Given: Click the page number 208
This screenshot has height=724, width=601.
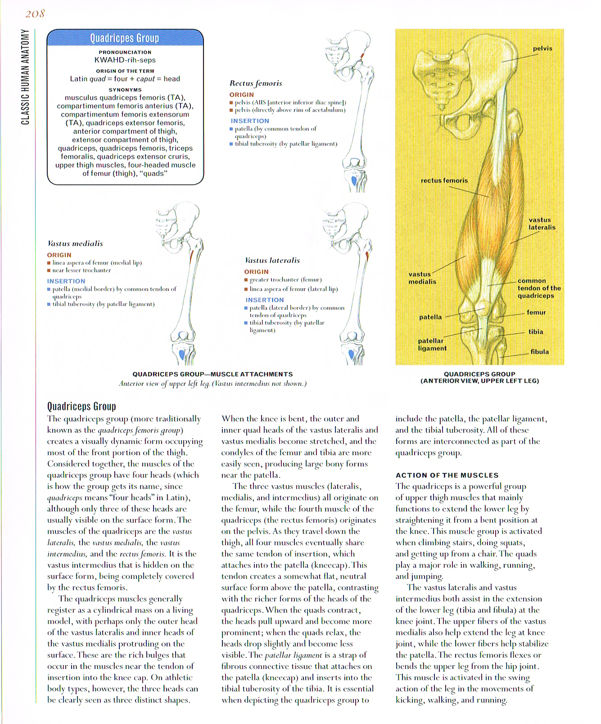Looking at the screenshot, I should [35, 14].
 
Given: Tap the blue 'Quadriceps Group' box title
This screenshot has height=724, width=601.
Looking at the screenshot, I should [125, 38].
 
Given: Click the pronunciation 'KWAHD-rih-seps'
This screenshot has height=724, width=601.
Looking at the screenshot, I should [125, 60].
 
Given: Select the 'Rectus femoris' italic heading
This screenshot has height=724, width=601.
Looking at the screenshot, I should [256, 83].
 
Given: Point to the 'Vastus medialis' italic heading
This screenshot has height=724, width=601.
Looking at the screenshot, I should [75, 244].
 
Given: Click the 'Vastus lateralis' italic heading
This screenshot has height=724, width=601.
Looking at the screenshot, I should [272, 260].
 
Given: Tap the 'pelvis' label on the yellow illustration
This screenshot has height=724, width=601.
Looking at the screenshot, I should [542, 49].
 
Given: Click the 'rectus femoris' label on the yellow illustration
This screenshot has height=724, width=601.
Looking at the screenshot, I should [444, 181].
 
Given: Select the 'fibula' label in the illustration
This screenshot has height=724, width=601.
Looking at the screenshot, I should [539, 352].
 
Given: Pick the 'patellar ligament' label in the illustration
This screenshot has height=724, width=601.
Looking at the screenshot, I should [432, 344].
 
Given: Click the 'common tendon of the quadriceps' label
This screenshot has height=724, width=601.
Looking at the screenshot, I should [538, 288].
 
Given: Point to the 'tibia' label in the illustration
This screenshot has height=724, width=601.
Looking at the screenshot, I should [535, 332].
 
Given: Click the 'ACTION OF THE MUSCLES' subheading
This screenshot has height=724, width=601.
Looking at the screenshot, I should [447, 475].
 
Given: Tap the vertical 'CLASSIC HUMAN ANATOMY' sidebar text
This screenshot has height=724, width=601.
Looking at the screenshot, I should [25, 77].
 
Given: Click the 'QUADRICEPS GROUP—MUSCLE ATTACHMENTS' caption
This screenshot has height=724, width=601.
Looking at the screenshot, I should [212, 374].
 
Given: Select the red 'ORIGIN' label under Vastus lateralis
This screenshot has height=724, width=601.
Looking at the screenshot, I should [256, 271].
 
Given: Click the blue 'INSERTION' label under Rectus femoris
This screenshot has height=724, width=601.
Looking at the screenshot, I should [250, 121].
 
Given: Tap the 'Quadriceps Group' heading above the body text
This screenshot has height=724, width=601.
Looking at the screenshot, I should [81, 407].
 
